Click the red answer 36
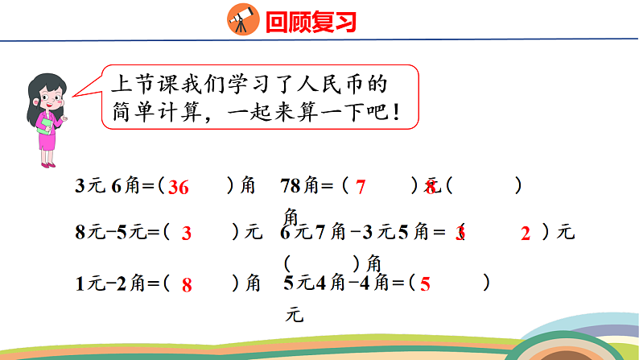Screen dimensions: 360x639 [179, 188]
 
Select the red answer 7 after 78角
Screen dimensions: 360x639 [361, 188]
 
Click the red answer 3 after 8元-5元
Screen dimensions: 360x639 [186, 234]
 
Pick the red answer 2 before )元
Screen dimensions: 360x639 [526, 234]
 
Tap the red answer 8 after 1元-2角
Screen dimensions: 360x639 [186, 284]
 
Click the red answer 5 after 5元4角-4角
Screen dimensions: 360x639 [426, 284]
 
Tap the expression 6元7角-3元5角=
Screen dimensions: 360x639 [363, 234]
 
